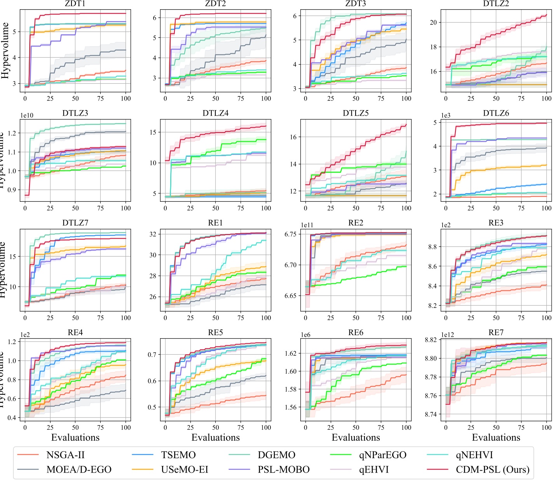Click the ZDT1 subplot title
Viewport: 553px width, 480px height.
pos(75,4)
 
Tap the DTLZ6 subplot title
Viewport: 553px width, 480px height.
pos(496,113)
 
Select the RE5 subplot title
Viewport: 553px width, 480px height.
pos(215,332)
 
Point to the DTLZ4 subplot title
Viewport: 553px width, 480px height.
pos(215,113)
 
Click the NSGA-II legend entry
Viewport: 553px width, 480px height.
pos(65,455)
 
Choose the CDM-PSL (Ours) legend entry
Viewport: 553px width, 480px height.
pos(492,469)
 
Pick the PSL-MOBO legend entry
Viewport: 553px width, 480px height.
pos(283,469)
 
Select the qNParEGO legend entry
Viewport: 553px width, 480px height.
pos(382,455)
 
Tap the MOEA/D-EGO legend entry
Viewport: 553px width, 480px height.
pos(79,469)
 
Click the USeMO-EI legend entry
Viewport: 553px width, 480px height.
pos(185,469)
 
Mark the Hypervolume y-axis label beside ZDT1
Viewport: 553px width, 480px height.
pos(5,50)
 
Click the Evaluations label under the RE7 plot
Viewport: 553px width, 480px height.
pos(496,438)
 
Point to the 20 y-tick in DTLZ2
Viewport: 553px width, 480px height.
pos(433,23)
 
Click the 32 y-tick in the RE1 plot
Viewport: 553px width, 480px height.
pos(152,234)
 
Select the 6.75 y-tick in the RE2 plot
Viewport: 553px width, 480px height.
pos(290,234)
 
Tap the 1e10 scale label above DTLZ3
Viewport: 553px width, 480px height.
pos(27,116)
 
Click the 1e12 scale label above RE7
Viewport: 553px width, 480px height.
pos(448,335)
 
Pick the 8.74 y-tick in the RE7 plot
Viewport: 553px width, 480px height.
pos(431,415)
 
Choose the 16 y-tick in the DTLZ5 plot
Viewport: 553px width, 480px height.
pos(293,137)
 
